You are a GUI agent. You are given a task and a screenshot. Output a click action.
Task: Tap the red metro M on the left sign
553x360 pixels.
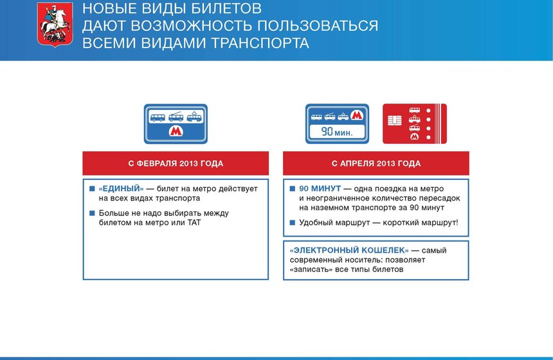(x=176, y=131)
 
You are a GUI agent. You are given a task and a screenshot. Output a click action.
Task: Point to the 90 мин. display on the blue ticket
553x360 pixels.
(x=335, y=132)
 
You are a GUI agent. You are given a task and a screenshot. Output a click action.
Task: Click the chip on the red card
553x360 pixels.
(x=394, y=122)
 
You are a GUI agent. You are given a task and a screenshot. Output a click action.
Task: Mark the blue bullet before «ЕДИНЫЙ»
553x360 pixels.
(x=92, y=189)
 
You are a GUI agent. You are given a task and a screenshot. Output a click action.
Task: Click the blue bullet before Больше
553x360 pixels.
(x=92, y=213)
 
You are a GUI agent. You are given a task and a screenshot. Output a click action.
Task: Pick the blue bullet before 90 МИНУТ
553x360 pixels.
(x=293, y=189)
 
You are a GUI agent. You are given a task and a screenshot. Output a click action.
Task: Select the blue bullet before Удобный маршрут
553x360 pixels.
(x=293, y=222)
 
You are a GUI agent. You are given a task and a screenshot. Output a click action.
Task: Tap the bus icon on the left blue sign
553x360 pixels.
(x=157, y=118)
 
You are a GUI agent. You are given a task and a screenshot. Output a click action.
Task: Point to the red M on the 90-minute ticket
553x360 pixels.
(x=357, y=116)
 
